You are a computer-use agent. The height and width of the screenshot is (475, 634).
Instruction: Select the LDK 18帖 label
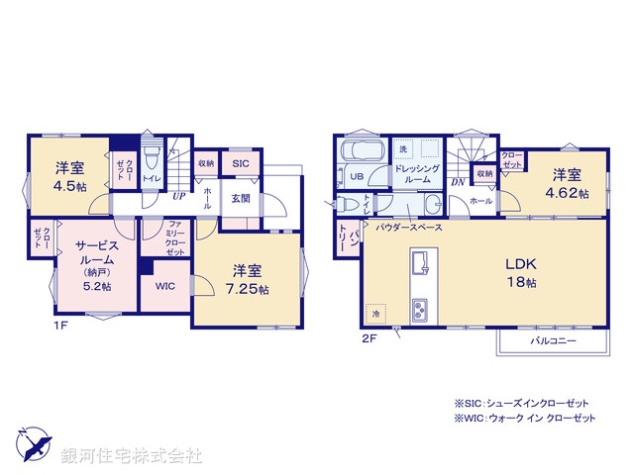tap(521, 272)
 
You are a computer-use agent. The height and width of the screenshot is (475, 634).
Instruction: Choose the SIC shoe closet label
tap(241, 165)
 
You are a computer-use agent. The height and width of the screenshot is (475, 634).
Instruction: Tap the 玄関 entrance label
tap(241, 198)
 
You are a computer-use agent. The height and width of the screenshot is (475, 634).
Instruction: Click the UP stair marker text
tap(178, 196)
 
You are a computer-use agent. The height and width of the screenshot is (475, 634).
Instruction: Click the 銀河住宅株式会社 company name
tap(132, 456)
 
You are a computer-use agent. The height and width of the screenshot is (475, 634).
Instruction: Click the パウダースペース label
tap(410, 227)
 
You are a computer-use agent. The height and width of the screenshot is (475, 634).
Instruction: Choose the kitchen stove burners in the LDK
tap(421, 308)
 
